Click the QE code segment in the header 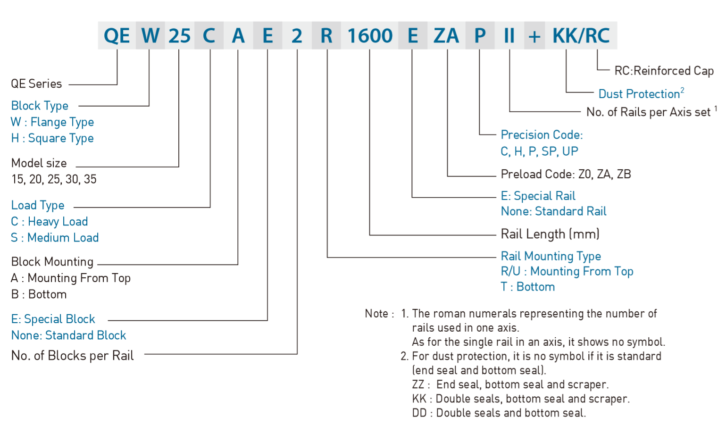[117, 36]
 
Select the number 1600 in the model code [370, 36]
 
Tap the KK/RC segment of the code [581, 36]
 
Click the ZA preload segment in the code [446, 36]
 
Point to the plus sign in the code [534, 36]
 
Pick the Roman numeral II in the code [509, 36]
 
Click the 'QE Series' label [36, 84]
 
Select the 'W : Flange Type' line [52, 122]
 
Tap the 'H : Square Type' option [52, 138]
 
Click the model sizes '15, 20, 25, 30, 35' [54, 179]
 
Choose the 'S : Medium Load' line [55, 238]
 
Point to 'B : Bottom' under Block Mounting [39, 294]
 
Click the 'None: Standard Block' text [68, 335]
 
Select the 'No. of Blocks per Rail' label [72, 356]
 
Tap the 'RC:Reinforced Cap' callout [664, 71]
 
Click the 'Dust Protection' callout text [639, 94]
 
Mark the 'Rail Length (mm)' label [550, 234]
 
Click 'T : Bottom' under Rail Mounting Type [527, 287]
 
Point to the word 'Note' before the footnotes [376, 314]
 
